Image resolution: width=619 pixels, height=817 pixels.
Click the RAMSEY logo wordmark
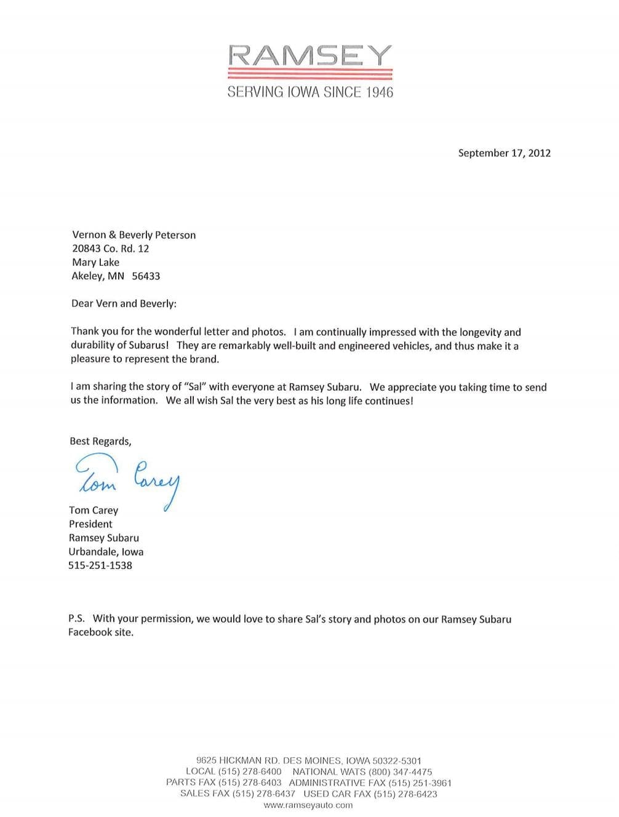(309, 56)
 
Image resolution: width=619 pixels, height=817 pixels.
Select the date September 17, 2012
(504, 153)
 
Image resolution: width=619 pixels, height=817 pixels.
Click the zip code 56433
(146, 276)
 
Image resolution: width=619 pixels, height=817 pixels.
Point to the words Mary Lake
(96, 262)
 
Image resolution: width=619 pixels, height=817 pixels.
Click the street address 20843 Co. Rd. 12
(111, 249)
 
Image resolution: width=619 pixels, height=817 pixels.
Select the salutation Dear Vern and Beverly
(124, 303)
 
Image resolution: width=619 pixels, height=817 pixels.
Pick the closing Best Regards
(100, 441)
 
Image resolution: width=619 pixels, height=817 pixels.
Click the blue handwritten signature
(127, 478)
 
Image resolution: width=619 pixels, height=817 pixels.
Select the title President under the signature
(90, 524)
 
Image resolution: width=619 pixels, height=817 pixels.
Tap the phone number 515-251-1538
(100, 565)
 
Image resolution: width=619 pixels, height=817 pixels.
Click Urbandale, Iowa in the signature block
(106, 552)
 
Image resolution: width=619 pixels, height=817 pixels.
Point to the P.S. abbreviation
(76, 619)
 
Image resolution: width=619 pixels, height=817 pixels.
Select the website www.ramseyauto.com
(308, 805)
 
